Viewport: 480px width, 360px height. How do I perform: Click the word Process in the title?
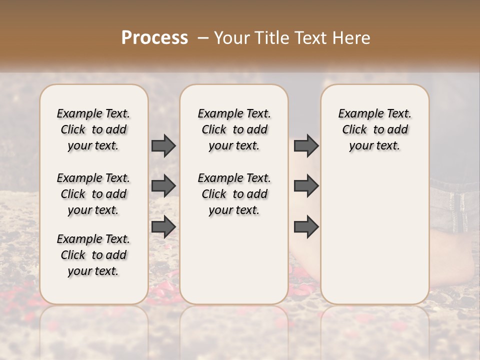tap(154, 38)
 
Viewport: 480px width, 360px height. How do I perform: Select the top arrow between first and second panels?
tap(163, 145)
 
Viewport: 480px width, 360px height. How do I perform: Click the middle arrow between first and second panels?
tap(163, 186)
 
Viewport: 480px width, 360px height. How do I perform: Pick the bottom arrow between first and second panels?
tap(163, 227)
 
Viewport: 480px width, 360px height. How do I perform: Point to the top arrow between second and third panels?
tap(306, 145)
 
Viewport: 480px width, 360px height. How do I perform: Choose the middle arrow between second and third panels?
tap(306, 186)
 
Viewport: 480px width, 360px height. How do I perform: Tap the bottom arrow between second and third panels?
tap(306, 227)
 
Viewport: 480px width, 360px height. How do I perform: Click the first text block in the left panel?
tap(93, 129)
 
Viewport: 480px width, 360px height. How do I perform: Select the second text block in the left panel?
tap(93, 194)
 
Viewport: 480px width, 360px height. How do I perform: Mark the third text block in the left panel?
tap(93, 255)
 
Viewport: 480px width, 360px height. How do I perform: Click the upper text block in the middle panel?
tap(234, 129)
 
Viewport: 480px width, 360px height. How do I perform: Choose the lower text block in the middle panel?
tap(234, 194)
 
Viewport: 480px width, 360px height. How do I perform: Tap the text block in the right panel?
tap(374, 129)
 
